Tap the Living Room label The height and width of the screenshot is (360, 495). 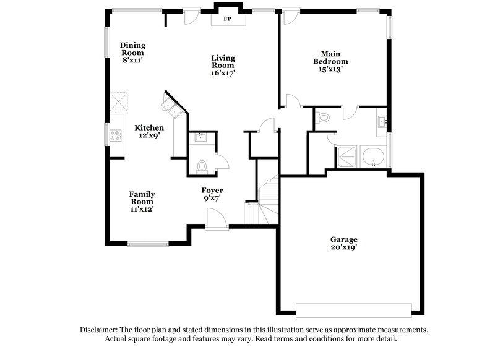coord(223,65)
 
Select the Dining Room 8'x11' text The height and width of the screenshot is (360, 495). coord(132,52)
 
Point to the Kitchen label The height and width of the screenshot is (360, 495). coord(149,131)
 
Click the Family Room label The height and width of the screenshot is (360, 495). coord(142,201)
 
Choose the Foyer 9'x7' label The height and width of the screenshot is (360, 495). coord(212,194)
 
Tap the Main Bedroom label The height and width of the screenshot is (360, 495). coord(330,61)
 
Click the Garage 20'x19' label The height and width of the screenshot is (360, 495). coord(343,243)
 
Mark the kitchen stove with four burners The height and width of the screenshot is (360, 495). coord(114,134)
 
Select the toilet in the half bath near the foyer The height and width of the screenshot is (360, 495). coord(202,165)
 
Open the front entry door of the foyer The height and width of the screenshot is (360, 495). coord(216,220)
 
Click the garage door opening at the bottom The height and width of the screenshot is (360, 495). coord(353,309)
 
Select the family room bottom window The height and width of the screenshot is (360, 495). coord(148,242)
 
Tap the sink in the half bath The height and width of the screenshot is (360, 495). coord(200,137)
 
